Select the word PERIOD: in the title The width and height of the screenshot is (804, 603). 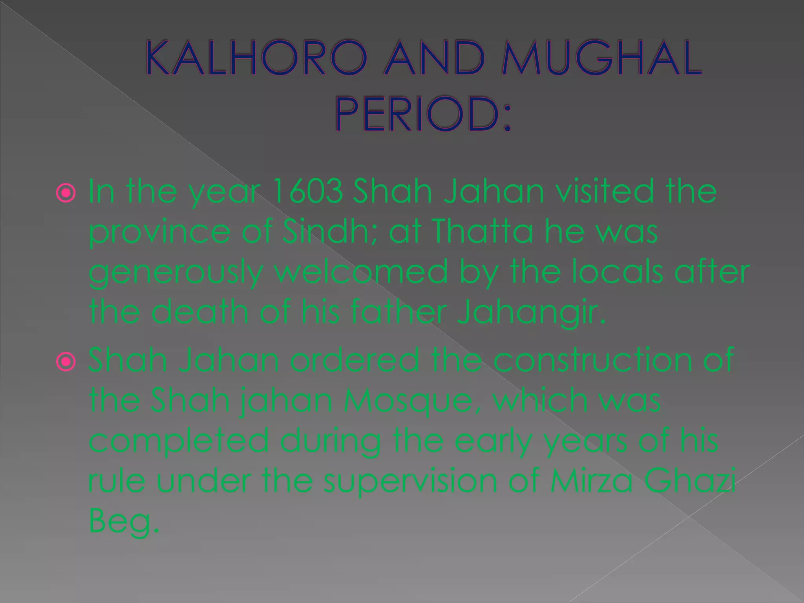click(x=423, y=114)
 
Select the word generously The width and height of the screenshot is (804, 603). click(x=175, y=273)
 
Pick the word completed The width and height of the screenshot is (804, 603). click(x=179, y=441)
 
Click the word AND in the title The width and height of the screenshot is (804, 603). click(x=434, y=58)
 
